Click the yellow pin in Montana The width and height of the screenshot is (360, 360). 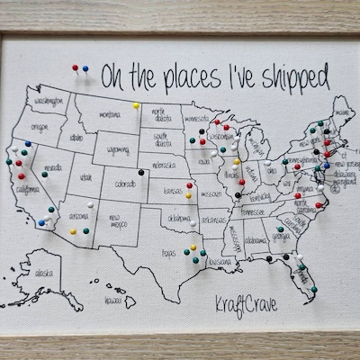136,105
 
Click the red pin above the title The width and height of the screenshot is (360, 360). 77,67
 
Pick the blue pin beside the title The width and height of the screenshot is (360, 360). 87,67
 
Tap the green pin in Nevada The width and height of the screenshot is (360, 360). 44,174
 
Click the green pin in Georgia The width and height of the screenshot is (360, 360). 280,229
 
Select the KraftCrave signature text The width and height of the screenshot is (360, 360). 246,305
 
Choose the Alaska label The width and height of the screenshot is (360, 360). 42,270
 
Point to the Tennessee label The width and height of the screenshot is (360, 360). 253,212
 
